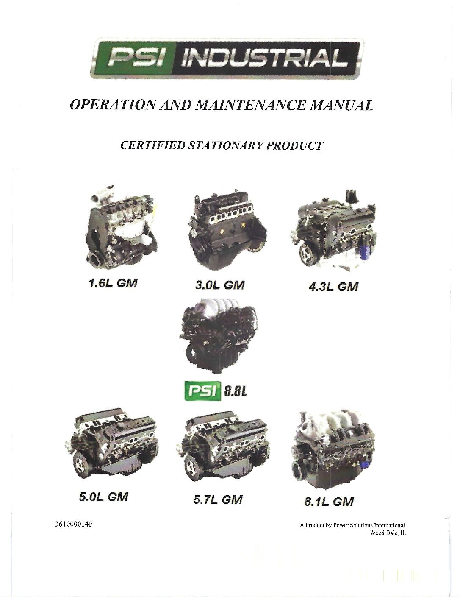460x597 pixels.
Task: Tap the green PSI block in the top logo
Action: coord(135,58)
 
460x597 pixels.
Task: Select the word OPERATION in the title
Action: coord(113,106)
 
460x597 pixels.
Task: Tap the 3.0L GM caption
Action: coord(219,285)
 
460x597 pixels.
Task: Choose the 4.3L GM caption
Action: coord(333,287)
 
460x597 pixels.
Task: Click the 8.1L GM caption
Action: coord(329,502)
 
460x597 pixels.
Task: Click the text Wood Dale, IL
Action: coord(388,533)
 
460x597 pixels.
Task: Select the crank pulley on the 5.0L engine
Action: coord(83,464)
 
